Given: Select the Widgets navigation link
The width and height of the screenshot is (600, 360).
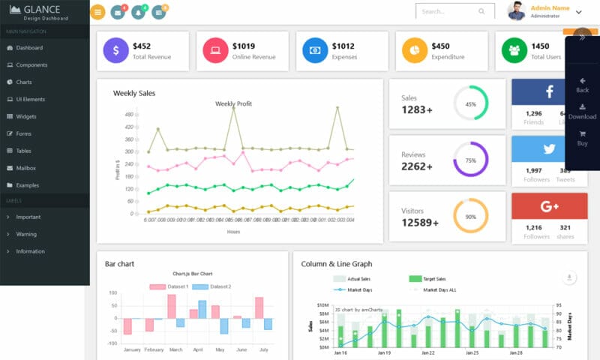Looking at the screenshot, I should (x=26, y=116).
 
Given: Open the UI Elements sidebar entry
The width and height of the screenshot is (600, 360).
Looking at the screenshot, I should (x=30, y=99).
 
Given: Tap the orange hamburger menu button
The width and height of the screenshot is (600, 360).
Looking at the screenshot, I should (x=97, y=12).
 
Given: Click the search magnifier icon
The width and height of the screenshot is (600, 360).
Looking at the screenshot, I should (x=481, y=12).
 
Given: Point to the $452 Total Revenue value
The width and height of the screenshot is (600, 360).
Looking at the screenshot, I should (x=141, y=46).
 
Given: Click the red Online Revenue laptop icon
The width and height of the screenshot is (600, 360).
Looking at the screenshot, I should (x=215, y=50).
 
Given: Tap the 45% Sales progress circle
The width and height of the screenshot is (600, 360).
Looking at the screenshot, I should (x=470, y=103).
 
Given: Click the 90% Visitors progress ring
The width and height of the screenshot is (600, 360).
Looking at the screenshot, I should (x=470, y=216).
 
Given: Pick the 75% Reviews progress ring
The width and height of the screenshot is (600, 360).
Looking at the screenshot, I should (x=470, y=160).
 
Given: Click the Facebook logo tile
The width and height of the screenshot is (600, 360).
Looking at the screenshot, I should (x=549, y=91).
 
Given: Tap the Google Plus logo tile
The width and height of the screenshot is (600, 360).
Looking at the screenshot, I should (x=549, y=205).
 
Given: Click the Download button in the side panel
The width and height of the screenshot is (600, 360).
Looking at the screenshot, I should (x=582, y=112).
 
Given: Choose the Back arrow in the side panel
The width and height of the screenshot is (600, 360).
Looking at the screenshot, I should (x=582, y=85).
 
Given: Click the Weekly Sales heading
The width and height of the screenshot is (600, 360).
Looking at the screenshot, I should (x=134, y=93).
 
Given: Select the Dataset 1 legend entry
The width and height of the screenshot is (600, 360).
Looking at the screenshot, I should (x=169, y=286).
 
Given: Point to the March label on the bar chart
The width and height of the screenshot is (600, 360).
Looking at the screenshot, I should (x=175, y=349).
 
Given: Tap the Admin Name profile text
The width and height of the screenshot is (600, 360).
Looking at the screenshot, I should (x=550, y=8).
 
